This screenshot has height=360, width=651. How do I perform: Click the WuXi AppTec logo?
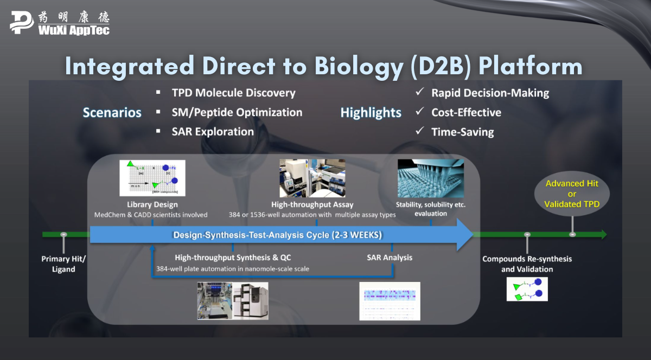pos(60,22)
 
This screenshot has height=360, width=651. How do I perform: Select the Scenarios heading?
pos(112,113)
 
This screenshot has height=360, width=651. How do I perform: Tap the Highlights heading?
pos(371,113)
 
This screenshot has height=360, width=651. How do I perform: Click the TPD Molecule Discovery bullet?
pos(233,93)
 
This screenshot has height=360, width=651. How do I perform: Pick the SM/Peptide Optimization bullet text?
pos(237,112)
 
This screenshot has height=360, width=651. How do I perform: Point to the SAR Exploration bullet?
pos(213,132)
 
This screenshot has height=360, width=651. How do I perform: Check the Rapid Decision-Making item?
pos(490,93)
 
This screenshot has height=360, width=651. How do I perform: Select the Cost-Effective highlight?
pos(466,112)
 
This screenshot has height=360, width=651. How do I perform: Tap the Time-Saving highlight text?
pos(462,132)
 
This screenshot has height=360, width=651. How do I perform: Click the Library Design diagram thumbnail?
pos(152,178)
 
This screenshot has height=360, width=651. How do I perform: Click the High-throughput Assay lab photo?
pos(312,178)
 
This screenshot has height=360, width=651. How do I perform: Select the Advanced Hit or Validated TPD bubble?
pos(572,194)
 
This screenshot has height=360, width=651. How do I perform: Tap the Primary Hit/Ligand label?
pos(63,263)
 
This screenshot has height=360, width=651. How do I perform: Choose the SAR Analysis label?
pos(390,258)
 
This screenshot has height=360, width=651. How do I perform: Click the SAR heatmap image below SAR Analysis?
pos(390,301)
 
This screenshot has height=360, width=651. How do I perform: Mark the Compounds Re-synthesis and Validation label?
pos(527,263)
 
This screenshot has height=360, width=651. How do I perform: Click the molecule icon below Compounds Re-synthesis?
pos(527,289)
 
